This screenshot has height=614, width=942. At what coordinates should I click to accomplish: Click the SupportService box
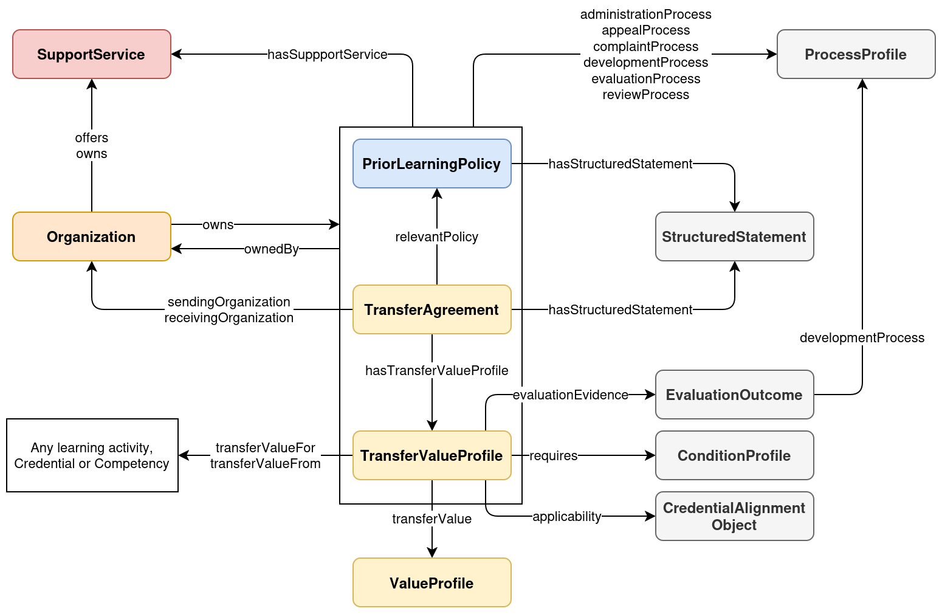tap(91, 54)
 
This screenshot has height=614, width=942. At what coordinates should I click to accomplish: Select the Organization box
tap(91, 236)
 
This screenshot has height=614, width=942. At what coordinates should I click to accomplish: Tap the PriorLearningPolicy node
tap(431, 164)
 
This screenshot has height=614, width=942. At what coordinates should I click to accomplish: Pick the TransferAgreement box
tap(431, 309)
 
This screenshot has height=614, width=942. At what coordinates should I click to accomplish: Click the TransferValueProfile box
tap(431, 455)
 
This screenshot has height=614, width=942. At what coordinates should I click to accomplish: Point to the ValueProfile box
tap(431, 582)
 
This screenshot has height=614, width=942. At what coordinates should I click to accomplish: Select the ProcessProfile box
tap(856, 54)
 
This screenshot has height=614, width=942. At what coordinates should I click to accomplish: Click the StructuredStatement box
tap(734, 236)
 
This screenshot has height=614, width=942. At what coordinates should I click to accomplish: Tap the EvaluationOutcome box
tap(734, 395)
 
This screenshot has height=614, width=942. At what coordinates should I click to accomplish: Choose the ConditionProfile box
tap(734, 455)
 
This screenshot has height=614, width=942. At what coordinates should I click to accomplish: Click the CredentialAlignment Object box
tap(734, 516)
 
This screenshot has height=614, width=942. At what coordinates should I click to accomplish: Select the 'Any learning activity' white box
tap(92, 455)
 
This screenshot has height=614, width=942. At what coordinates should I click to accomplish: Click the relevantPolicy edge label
tap(436, 236)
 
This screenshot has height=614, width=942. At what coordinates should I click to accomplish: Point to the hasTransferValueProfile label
tap(436, 370)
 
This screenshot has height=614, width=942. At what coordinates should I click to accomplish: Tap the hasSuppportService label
tap(327, 54)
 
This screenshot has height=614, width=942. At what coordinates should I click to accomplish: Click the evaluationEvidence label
tap(570, 395)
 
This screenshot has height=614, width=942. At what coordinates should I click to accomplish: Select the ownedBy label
tap(271, 249)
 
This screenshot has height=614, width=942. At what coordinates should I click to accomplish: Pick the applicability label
tap(566, 516)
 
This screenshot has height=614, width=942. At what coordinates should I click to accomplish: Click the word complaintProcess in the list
tap(645, 46)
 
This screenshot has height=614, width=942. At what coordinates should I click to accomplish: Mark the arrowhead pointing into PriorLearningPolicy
tap(436, 193)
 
